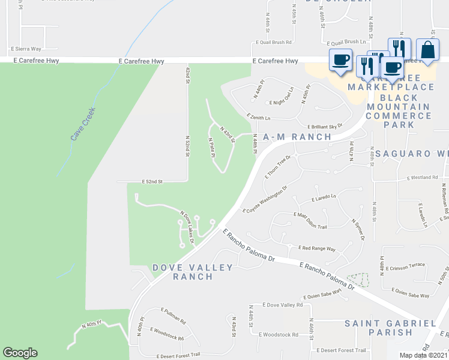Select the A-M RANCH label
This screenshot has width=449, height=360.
297,137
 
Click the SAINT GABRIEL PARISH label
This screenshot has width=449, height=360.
390,328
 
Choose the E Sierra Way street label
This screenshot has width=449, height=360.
26,49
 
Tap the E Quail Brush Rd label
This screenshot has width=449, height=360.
273,43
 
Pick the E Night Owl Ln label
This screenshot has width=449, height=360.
282,103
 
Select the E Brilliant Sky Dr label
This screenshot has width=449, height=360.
325,127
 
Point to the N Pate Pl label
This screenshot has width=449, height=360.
212,148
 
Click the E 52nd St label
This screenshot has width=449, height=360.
153,181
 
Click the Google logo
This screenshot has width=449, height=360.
20,353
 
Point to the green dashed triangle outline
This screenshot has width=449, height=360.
360,280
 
